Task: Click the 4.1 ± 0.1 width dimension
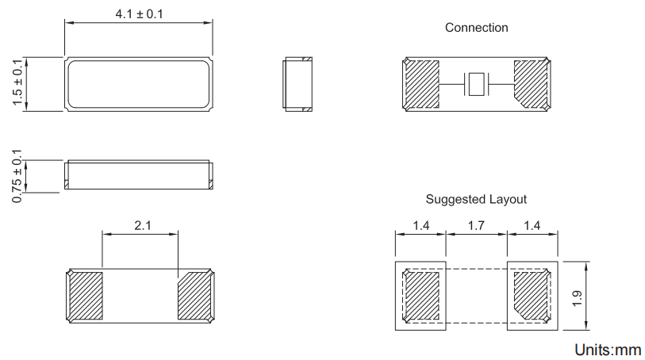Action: pyautogui.click(x=138, y=14)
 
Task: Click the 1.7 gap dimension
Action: pyautogui.click(x=477, y=226)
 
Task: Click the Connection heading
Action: pyautogui.click(x=476, y=28)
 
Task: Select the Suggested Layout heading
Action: pyautogui.click(x=476, y=199)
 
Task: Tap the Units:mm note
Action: pyautogui.click(x=608, y=349)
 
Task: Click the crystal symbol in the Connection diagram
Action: pyautogui.click(x=476, y=84)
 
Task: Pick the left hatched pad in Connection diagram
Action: pyautogui.click(x=422, y=84)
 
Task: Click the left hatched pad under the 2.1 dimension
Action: pyautogui.click(x=86, y=296)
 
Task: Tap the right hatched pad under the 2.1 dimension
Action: pyautogui.click(x=194, y=294)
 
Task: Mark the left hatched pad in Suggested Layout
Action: pyautogui.click(x=422, y=296)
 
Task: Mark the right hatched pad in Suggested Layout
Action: pyautogui.click(x=530, y=294)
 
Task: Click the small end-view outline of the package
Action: pyautogui.click(x=298, y=84)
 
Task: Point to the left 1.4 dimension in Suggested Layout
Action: pyautogui.click(x=421, y=226)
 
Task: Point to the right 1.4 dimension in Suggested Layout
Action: pyautogui.click(x=532, y=226)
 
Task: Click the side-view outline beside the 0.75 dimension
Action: pyautogui.click(x=138, y=174)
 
